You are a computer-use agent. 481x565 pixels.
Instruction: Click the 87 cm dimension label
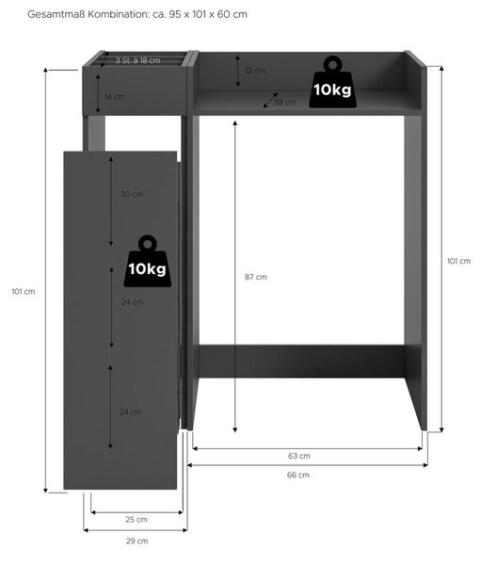tap(256, 277)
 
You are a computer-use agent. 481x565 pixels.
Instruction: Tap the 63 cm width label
tap(299, 456)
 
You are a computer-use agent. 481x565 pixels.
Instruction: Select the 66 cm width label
tap(298, 475)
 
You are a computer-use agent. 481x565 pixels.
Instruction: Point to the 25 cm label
tap(136, 519)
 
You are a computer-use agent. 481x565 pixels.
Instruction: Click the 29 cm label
tap(136, 541)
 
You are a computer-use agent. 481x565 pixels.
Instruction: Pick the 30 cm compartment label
tap(132, 194)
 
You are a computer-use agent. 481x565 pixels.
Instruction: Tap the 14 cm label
tap(115, 96)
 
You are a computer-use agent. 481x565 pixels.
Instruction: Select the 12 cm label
tap(255, 71)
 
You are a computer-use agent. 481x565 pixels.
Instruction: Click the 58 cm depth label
tap(285, 103)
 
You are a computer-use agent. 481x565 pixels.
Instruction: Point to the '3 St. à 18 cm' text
tap(137, 60)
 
